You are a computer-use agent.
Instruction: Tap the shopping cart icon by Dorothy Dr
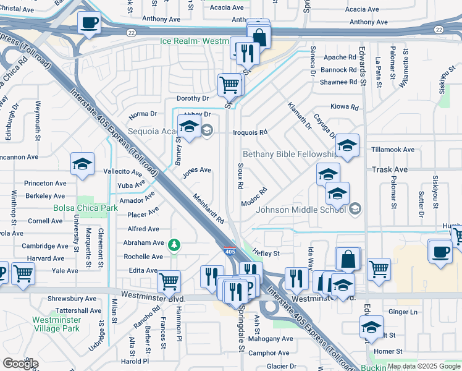click(229, 83)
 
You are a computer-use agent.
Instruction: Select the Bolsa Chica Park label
click(85, 208)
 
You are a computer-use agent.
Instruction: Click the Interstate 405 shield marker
click(229, 251)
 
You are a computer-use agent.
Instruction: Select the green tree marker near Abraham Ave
click(175, 246)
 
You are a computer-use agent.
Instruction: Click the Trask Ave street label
click(389, 169)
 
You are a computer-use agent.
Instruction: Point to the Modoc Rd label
click(254, 197)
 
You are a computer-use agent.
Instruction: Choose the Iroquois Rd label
click(250, 132)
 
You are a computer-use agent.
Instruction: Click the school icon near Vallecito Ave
click(82, 164)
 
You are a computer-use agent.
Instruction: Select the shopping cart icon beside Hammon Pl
click(169, 281)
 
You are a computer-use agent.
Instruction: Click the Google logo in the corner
click(20, 364)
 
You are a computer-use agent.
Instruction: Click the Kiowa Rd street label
click(345, 107)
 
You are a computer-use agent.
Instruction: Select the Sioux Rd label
click(240, 177)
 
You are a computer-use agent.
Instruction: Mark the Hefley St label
click(266, 253)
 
